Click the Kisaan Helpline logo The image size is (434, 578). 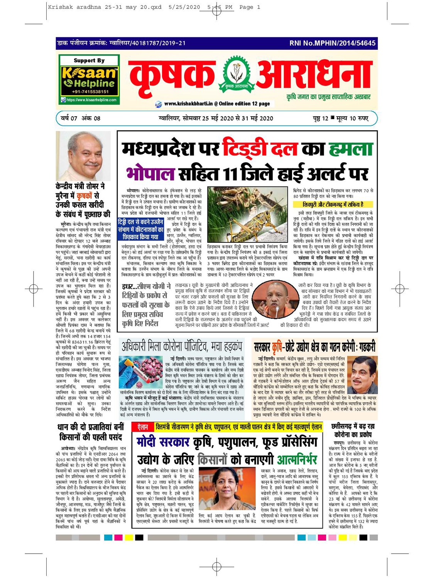(x=89, y=79)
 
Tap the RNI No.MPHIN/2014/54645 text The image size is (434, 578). (x=332, y=43)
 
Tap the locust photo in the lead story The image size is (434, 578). (x=247, y=214)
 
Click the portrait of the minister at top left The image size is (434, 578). (x=83, y=156)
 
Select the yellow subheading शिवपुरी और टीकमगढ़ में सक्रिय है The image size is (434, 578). (x=333, y=204)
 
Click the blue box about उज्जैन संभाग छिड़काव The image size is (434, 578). (x=141, y=229)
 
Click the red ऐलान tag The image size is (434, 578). (x=143, y=427)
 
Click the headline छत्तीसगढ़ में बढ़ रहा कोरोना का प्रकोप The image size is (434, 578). (x=352, y=430)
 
